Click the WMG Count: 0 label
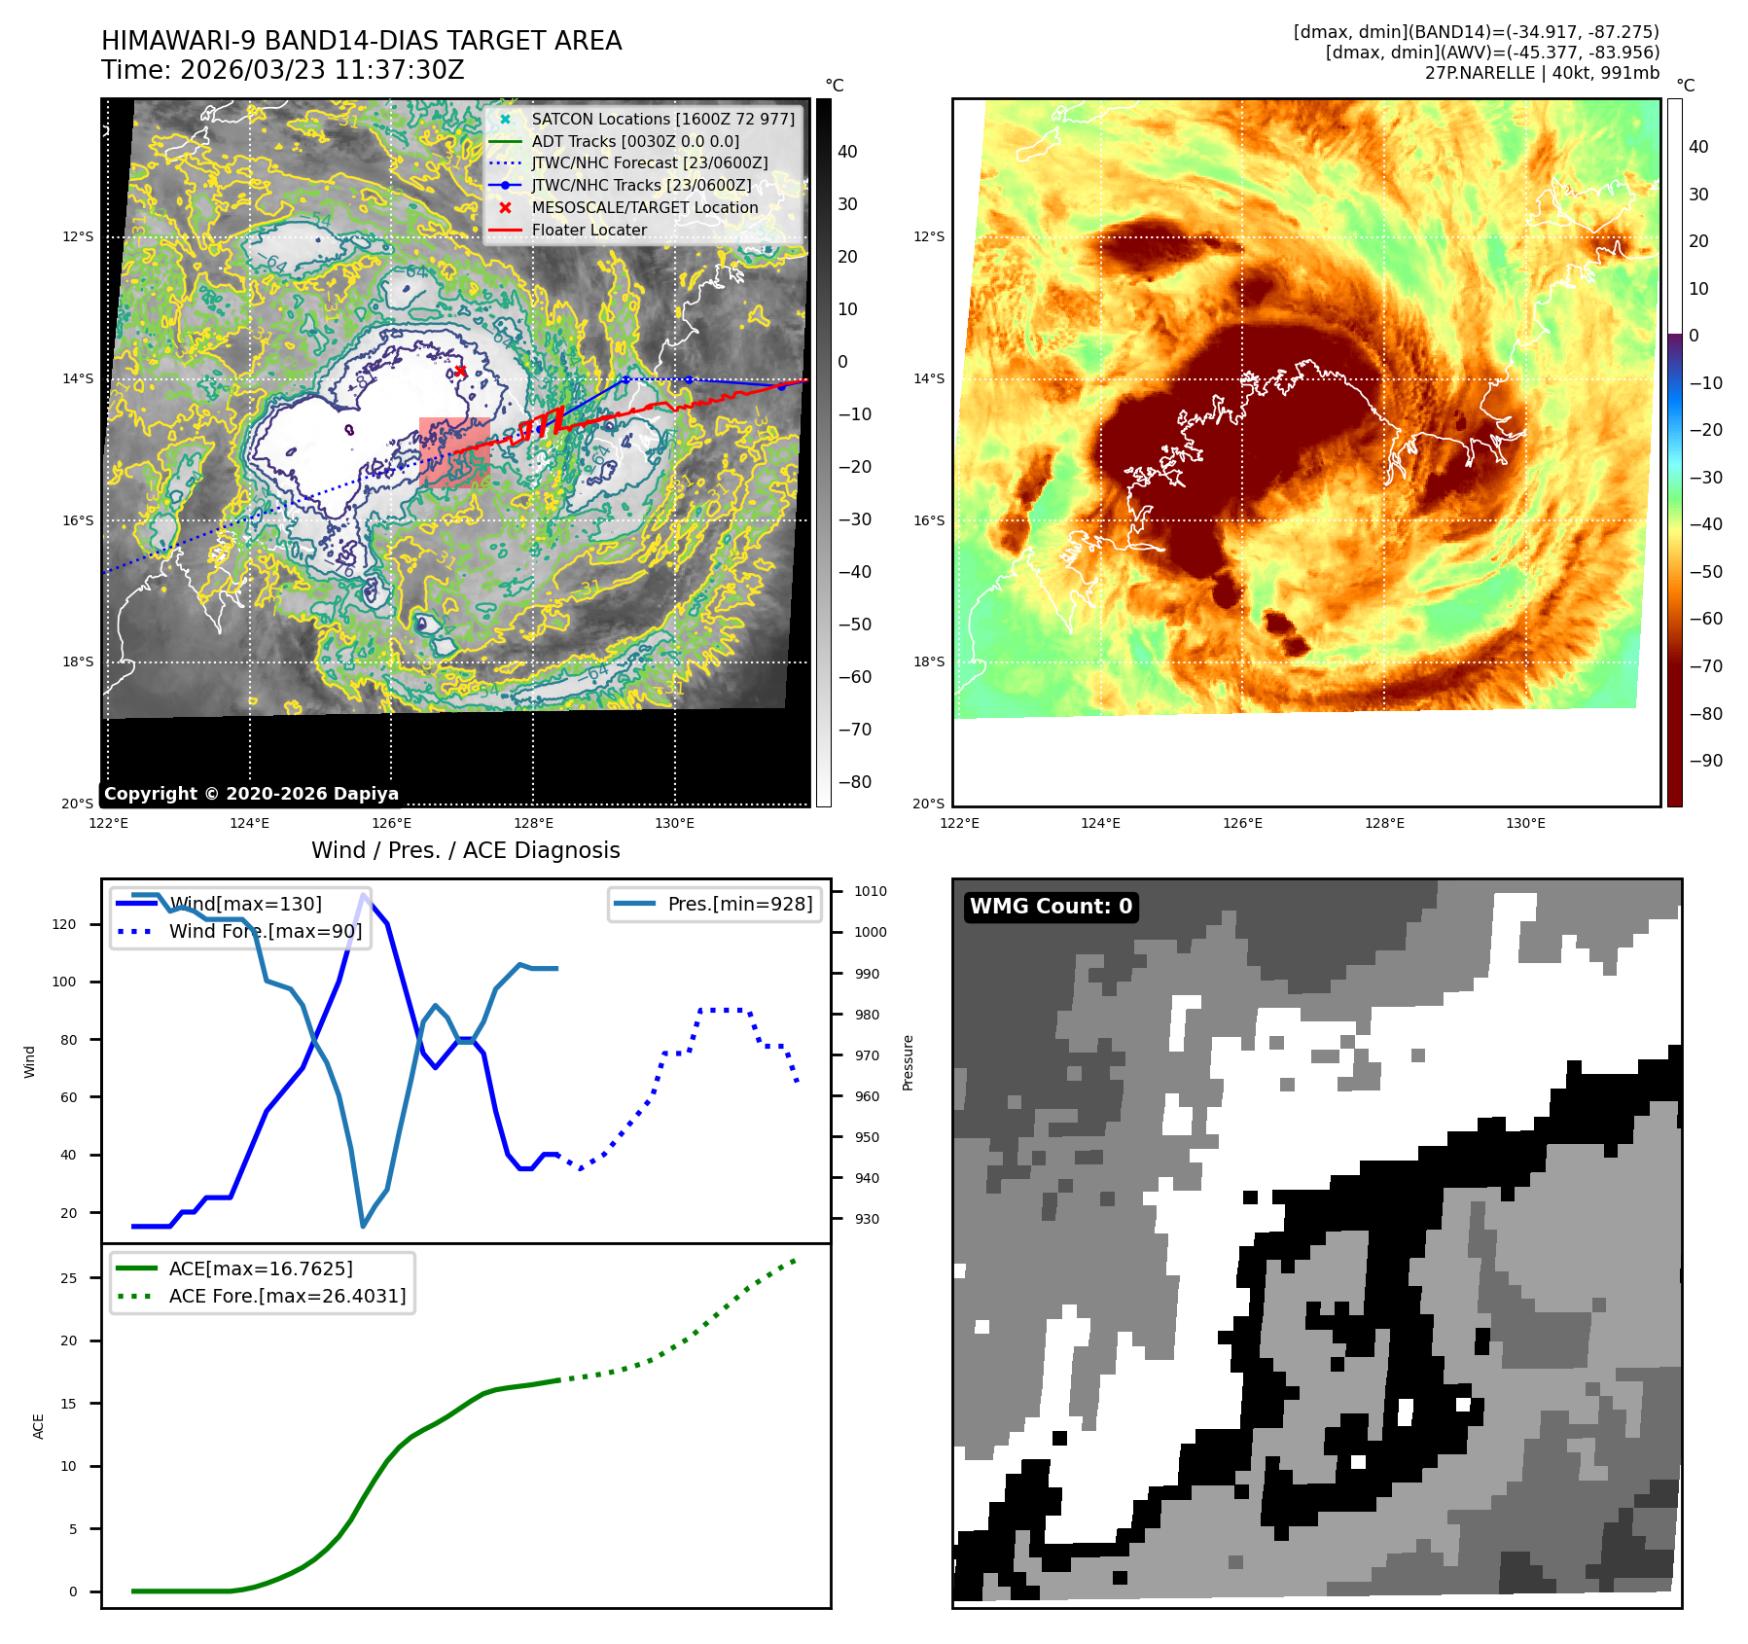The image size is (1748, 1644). pos(1051,907)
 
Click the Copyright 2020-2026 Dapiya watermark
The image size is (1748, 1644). pos(251,794)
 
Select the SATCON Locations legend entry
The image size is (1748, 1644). pos(662,119)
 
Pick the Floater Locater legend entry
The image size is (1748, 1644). pos(589,230)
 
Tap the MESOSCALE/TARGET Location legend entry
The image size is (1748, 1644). pos(644,207)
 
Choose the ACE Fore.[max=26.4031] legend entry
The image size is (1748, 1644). pos(287,1296)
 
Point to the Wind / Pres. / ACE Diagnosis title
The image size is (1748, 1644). pos(465,850)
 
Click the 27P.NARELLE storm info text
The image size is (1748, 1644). pos(1542,73)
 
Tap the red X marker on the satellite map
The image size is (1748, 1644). pos(460,371)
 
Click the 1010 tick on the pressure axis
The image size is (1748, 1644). pos(871,891)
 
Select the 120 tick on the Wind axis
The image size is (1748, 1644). pos(64,924)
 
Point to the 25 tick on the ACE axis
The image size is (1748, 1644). pos(68,1278)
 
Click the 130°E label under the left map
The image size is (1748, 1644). pos(674,823)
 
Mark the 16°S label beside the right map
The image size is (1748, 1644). pos(928,520)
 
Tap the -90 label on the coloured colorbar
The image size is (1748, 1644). pos(1705,761)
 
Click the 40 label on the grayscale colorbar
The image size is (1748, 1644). pos(847,152)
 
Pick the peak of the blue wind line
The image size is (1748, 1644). pos(364,895)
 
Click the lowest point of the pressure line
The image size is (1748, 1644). pos(363,1226)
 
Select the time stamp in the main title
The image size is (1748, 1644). pos(282,70)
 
